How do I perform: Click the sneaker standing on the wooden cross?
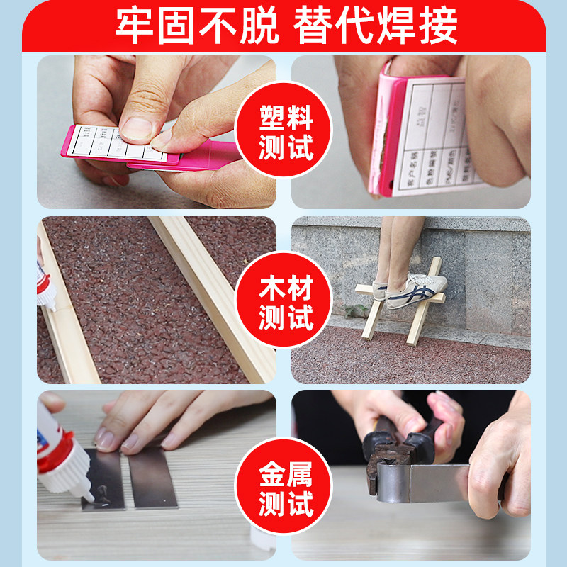coord(418,287)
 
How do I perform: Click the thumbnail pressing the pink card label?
coord(135,128)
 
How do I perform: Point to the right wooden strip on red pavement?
coord(213,298)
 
